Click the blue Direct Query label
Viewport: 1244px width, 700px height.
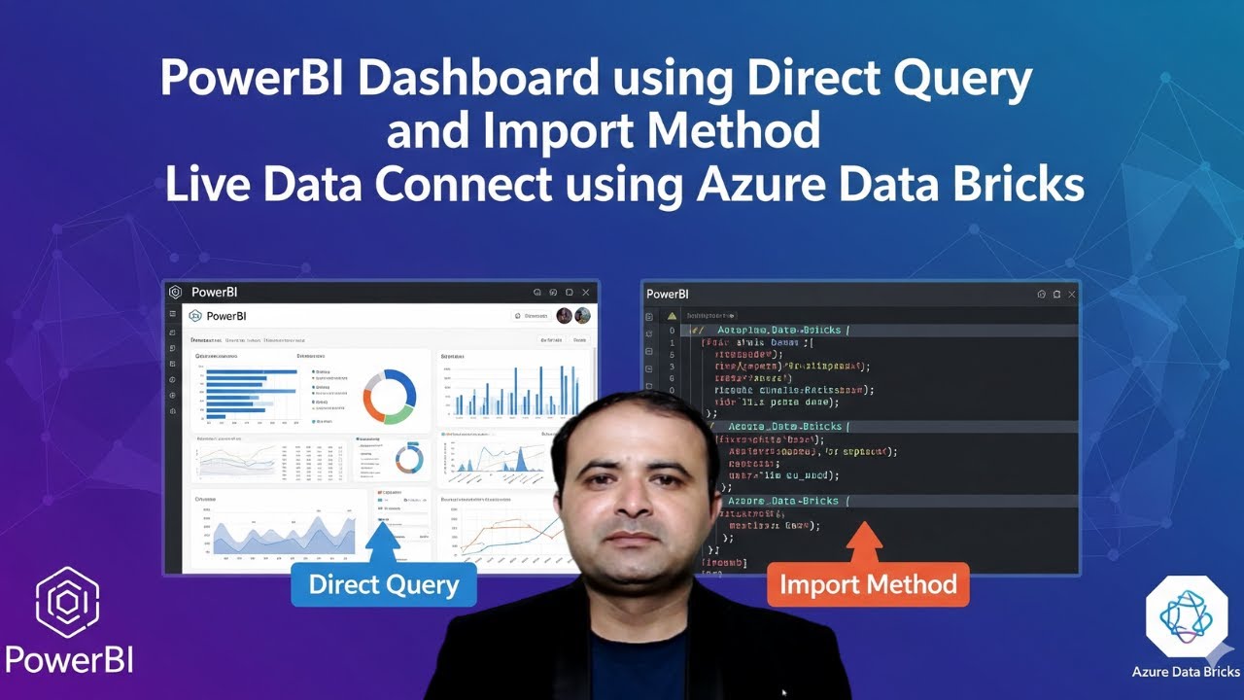pos(384,584)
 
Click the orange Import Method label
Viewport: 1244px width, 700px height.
pos(868,584)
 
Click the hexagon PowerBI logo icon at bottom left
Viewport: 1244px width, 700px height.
pos(67,603)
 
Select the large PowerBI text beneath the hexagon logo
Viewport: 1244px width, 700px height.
pos(69,660)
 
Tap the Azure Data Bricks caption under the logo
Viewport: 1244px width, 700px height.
pos(1186,672)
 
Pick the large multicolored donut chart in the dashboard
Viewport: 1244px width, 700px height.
pos(390,397)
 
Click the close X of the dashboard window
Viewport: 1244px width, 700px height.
pos(584,292)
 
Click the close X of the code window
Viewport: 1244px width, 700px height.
pos(1072,294)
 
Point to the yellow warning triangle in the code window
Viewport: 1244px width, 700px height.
pos(672,316)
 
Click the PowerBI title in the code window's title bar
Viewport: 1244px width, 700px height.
pos(668,294)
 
